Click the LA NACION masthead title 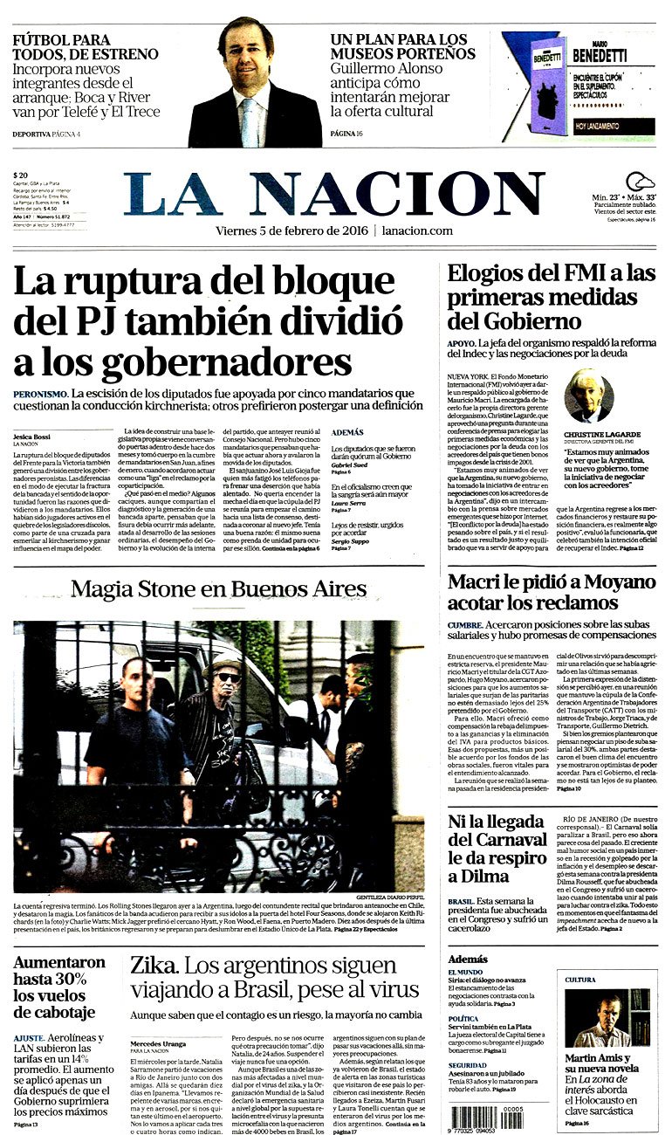(333, 194)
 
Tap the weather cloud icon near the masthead (640, 182)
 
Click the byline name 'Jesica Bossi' (33, 435)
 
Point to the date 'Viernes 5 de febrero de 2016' (291, 230)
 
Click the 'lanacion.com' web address (417, 230)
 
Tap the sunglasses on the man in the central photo (229, 677)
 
